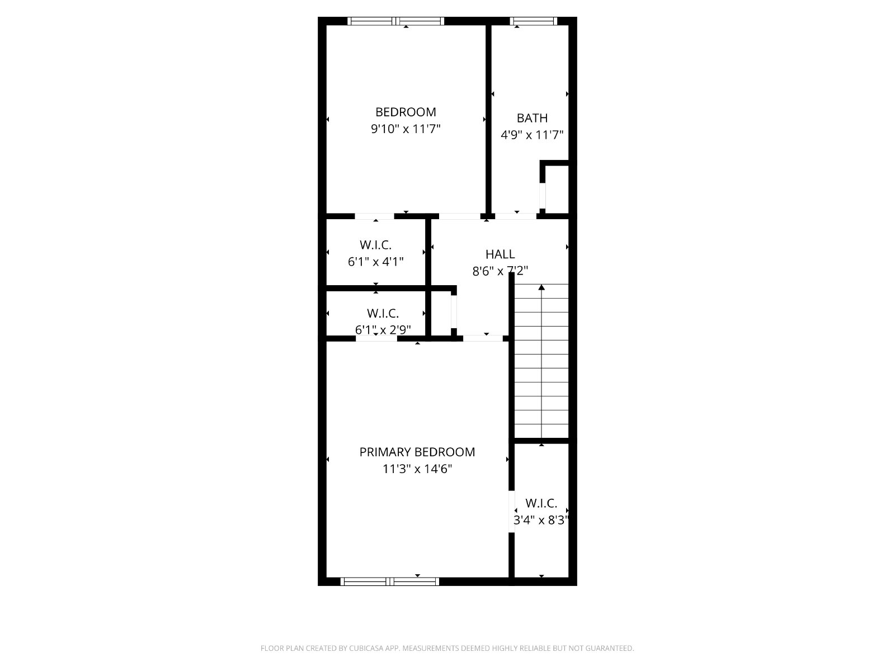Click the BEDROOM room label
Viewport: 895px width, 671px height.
pos(406,112)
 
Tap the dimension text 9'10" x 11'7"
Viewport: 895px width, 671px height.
pos(406,129)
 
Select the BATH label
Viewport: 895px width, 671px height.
pos(532,118)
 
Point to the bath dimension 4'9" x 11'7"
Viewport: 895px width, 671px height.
pos(532,135)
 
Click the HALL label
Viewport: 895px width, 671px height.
pos(500,254)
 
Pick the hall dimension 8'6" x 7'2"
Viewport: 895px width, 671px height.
pos(500,271)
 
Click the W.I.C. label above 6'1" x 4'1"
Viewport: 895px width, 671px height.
pos(375,245)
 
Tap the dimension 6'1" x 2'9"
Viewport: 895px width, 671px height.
pos(383,329)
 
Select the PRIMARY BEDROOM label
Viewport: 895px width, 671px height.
pos(417,452)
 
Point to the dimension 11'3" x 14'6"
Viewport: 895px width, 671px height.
pos(417,469)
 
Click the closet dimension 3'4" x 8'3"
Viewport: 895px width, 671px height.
pos(541,520)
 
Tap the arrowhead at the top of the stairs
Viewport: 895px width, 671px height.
pos(541,287)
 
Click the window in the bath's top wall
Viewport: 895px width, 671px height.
pos(533,21)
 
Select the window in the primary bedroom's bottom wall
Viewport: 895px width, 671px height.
pos(390,582)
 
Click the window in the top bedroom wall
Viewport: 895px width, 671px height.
pos(396,21)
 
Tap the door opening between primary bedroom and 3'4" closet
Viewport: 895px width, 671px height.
pos(511,512)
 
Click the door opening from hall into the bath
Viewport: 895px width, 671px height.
pos(516,216)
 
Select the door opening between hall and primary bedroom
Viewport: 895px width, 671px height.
pos(483,338)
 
